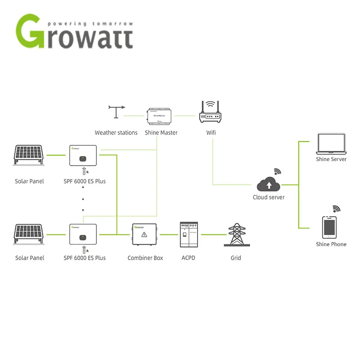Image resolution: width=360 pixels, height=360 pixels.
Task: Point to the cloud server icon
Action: [269, 184]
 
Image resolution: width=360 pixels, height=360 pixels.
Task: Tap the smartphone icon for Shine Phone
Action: [329, 227]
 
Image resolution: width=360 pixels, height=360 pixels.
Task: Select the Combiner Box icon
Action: [144, 235]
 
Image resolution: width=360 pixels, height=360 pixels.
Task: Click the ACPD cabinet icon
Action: [189, 234]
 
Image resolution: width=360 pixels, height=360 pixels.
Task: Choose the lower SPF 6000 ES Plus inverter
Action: [84, 234]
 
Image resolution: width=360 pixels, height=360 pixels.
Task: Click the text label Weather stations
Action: [116, 133]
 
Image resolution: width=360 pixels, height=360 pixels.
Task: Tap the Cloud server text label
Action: [269, 197]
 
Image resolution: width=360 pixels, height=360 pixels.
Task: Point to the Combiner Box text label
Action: [145, 258]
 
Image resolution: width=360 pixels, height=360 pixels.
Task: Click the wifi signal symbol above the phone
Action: [337, 209]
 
